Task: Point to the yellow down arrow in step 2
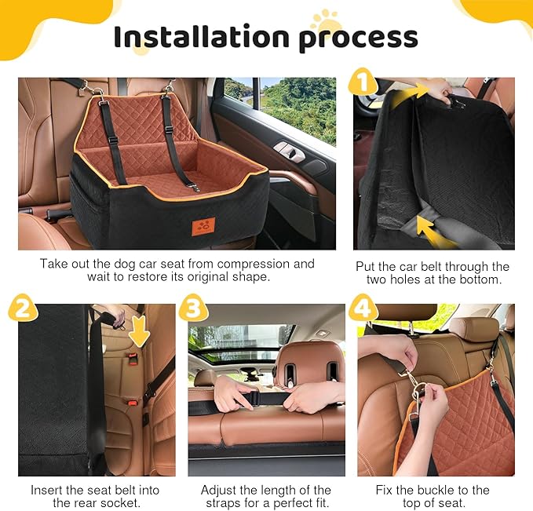click(x=140, y=330)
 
